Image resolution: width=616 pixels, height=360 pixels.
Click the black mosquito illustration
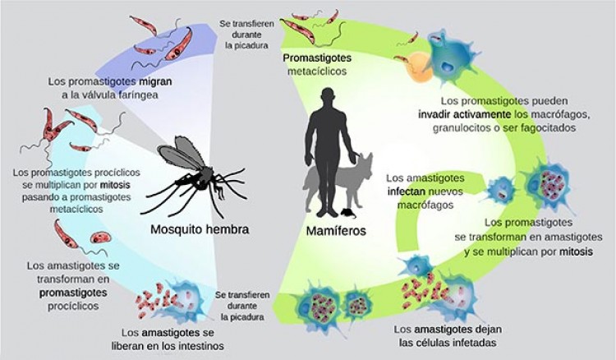click(x=194, y=176)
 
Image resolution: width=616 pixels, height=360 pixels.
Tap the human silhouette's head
click(x=327, y=97)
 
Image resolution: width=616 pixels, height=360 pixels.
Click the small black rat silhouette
click(x=348, y=214)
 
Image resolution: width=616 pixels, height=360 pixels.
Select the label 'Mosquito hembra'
click(x=200, y=229)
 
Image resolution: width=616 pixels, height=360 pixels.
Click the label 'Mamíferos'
click(x=336, y=231)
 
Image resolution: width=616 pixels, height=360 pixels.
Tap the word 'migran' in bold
click(x=155, y=82)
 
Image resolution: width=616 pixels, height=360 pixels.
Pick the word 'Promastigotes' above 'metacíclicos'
click(x=317, y=58)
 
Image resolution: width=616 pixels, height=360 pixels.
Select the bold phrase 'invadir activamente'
click(x=464, y=114)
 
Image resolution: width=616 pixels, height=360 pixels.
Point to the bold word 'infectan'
click(x=407, y=192)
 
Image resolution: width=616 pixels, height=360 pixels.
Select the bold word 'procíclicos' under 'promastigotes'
click(x=73, y=306)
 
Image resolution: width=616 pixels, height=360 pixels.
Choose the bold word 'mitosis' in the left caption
click(x=115, y=185)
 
